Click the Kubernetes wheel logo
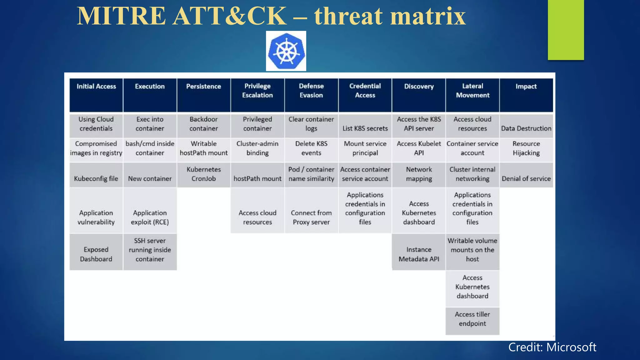click(286, 51)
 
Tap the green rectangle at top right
click(566, 30)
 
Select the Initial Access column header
click(96, 95)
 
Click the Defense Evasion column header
click(311, 95)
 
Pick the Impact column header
click(526, 95)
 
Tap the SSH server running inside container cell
click(150, 250)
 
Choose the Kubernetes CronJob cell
click(204, 174)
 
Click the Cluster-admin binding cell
click(257, 148)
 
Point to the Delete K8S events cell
click(311, 148)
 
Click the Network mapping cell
click(419, 174)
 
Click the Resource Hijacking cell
click(526, 148)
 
